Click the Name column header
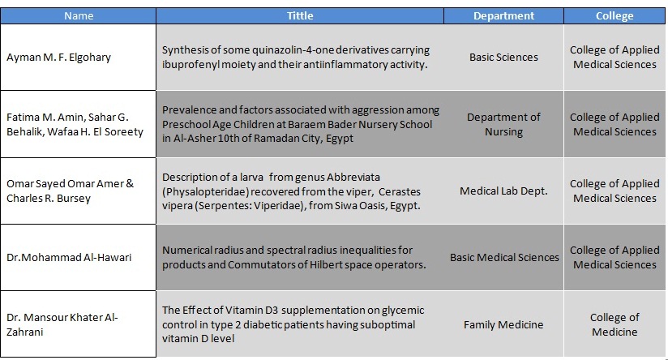[79, 15]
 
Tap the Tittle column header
[300, 15]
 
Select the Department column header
[503, 15]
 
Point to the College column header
[614, 15]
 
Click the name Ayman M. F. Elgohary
[59, 57]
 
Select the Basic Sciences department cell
[503, 57]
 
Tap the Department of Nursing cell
[503, 124]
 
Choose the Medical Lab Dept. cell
[503, 191]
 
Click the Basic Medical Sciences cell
[504, 257]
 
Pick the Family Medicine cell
[503, 324]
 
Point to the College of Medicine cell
[614, 324]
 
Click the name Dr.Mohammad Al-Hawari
[69, 257]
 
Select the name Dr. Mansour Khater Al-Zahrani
[62, 324]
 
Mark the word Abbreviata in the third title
[353, 178]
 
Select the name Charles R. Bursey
[49, 199]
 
